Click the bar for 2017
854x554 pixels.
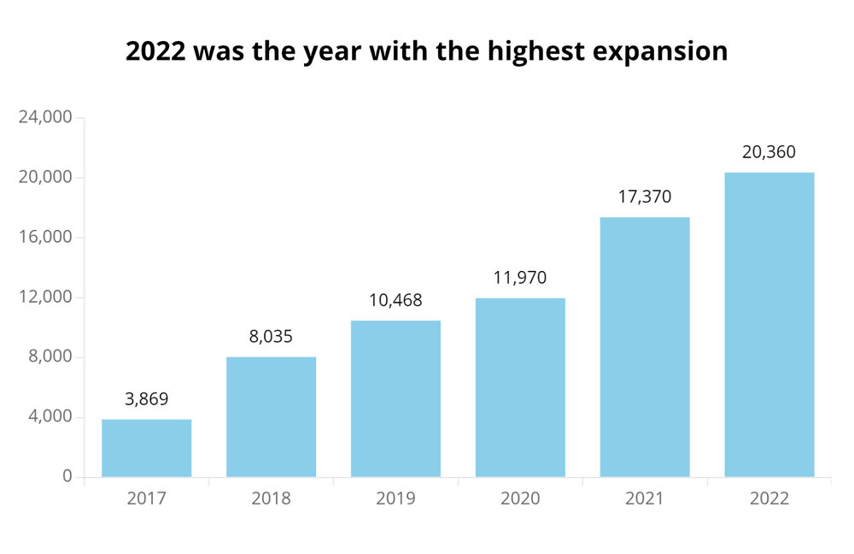[x=146, y=448]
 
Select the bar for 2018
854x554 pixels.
[x=271, y=417]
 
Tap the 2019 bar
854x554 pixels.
[x=395, y=398]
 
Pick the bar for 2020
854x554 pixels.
[x=520, y=387]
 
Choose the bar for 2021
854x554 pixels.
[x=645, y=347]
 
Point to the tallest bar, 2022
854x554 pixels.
[x=769, y=325]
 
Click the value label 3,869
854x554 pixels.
[x=146, y=398]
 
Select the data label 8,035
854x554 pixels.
[x=271, y=336]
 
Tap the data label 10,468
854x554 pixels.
[x=395, y=300]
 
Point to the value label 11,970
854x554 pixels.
[x=520, y=278]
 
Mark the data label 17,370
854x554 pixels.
[x=645, y=197]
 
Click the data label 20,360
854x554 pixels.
[x=769, y=152]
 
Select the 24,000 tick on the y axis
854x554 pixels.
[x=45, y=118]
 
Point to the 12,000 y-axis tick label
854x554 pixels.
[x=45, y=298]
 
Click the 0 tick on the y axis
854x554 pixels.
[x=67, y=477]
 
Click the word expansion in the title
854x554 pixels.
[x=663, y=52]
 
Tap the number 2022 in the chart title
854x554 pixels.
[x=155, y=51]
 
